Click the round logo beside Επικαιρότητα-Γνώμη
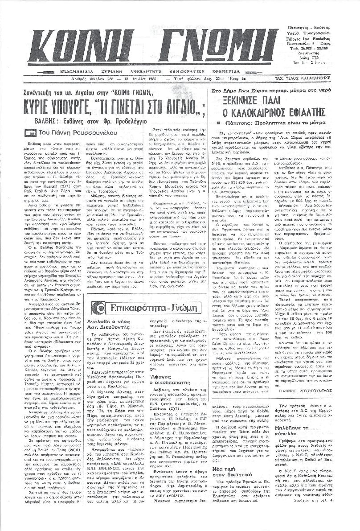(x=98, y=307)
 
